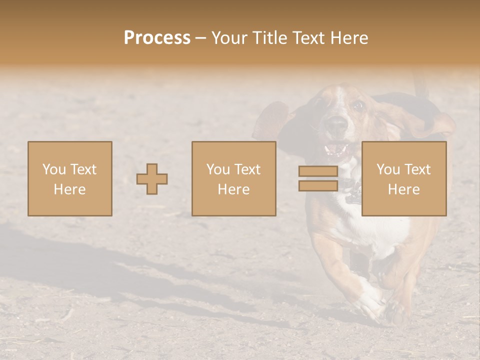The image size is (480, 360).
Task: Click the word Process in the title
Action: (x=157, y=38)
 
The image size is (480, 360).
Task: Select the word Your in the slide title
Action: (x=231, y=38)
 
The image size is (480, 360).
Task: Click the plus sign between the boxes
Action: (x=152, y=179)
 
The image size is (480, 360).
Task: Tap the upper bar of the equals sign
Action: (x=318, y=171)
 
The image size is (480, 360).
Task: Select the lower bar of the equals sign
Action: (x=318, y=186)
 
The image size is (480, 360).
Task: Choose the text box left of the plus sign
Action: (x=70, y=179)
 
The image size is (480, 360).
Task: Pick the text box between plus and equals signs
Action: (x=234, y=179)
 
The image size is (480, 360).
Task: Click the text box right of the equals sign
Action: (x=404, y=179)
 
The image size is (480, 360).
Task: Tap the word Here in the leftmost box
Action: (x=70, y=189)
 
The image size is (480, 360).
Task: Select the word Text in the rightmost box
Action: (x=417, y=169)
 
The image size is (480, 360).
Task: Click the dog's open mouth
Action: (x=336, y=149)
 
